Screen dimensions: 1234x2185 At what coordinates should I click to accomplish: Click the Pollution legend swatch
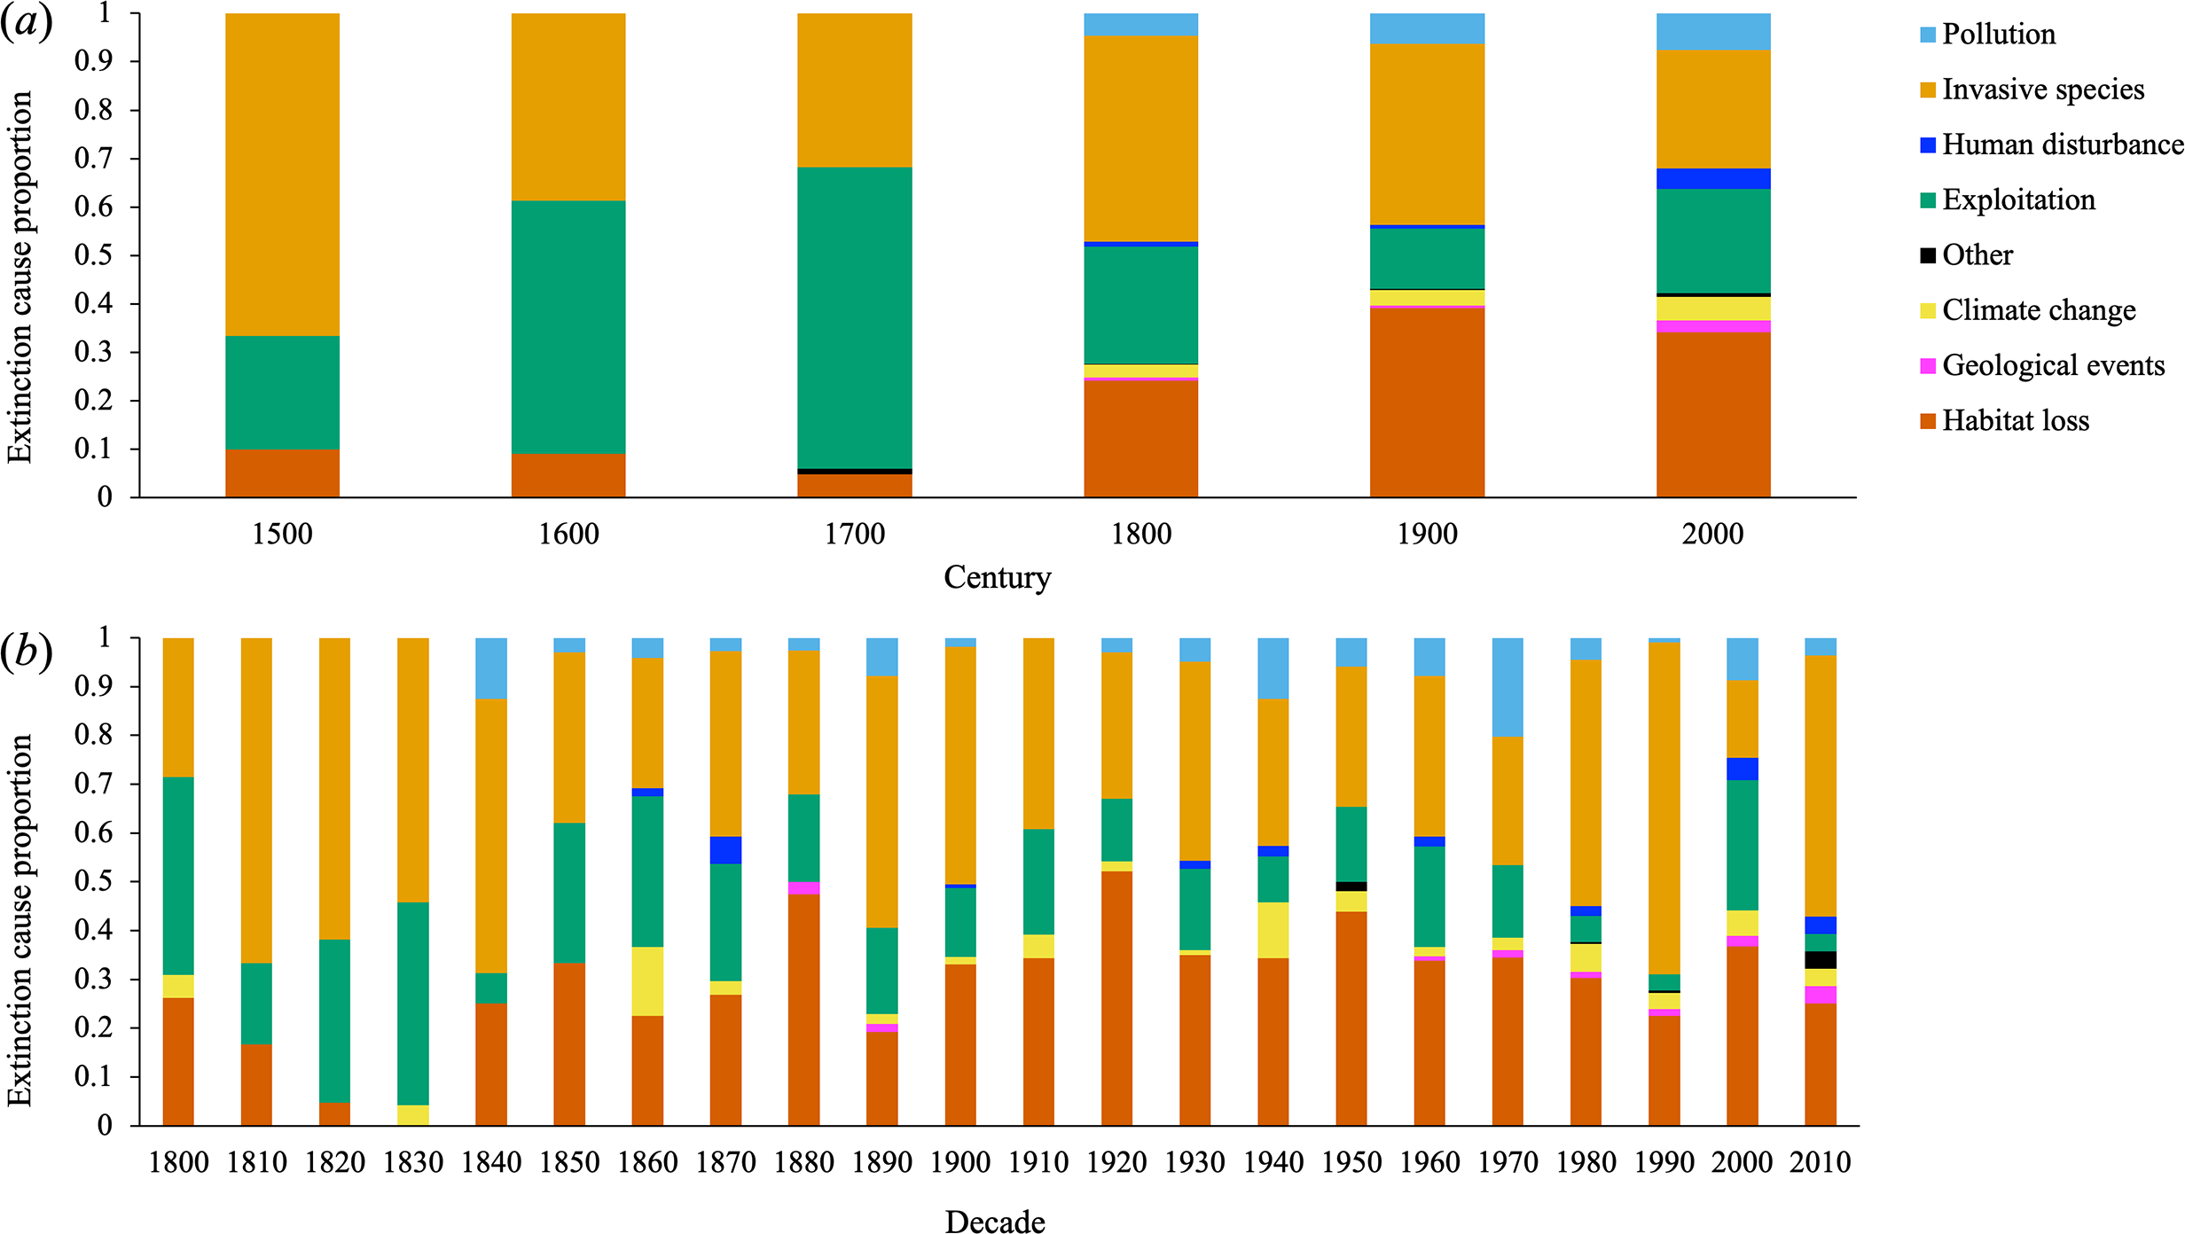(x=1928, y=35)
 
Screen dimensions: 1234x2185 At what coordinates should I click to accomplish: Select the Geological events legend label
(x=2053, y=365)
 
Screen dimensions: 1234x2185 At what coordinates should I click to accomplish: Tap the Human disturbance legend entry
(x=2062, y=144)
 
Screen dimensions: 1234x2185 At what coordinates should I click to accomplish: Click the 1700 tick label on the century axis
(x=854, y=534)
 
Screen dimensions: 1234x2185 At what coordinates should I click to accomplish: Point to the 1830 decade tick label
(x=413, y=1162)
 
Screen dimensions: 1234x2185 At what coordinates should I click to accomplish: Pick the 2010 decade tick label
(x=1820, y=1162)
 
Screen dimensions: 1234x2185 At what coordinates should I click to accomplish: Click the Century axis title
(x=997, y=577)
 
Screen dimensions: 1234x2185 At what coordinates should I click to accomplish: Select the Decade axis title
(x=995, y=1222)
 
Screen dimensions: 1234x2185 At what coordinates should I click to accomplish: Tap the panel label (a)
(x=27, y=21)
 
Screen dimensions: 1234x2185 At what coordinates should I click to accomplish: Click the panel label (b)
(x=27, y=652)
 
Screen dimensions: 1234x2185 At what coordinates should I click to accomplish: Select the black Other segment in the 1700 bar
(x=854, y=472)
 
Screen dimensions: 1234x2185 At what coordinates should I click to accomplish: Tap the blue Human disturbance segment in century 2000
(x=1713, y=179)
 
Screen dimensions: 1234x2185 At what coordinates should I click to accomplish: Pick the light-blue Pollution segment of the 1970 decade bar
(x=1508, y=687)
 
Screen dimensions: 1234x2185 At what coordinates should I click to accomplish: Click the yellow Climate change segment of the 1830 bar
(x=413, y=1115)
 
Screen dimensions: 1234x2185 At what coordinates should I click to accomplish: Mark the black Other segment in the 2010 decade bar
(x=1821, y=960)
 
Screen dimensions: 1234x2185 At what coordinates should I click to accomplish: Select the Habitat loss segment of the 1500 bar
(x=282, y=473)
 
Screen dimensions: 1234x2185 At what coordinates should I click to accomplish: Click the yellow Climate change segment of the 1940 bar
(x=1273, y=930)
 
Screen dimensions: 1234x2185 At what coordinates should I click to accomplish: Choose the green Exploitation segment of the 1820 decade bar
(x=335, y=1020)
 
